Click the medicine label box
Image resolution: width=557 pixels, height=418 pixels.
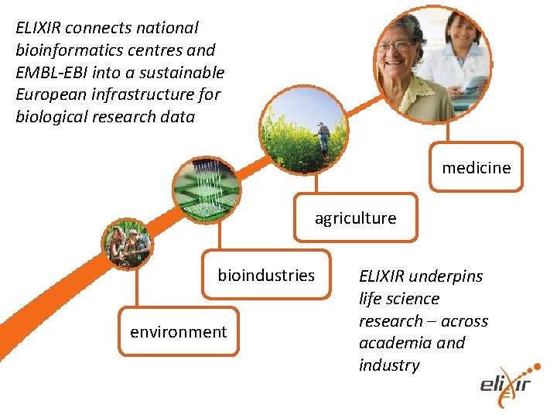pyautogui.click(x=476, y=167)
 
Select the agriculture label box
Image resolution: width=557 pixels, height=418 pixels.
pyautogui.click(x=355, y=218)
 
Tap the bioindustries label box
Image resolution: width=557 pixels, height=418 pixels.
pyautogui.click(x=266, y=275)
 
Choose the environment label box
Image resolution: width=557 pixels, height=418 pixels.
pyautogui.click(x=178, y=332)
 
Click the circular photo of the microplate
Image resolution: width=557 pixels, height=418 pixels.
pyautogui.click(x=205, y=190)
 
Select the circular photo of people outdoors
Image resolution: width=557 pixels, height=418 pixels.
pyautogui.click(x=128, y=243)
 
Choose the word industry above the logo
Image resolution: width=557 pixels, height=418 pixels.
pyautogui.click(x=389, y=365)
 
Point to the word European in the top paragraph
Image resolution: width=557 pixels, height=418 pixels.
pyautogui.click(x=50, y=95)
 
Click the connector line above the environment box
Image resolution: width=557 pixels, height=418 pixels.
pyautogui.click(x=137, y=290)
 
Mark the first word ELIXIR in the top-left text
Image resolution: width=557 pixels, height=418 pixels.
pyautogui.click(x=39, y=28)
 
